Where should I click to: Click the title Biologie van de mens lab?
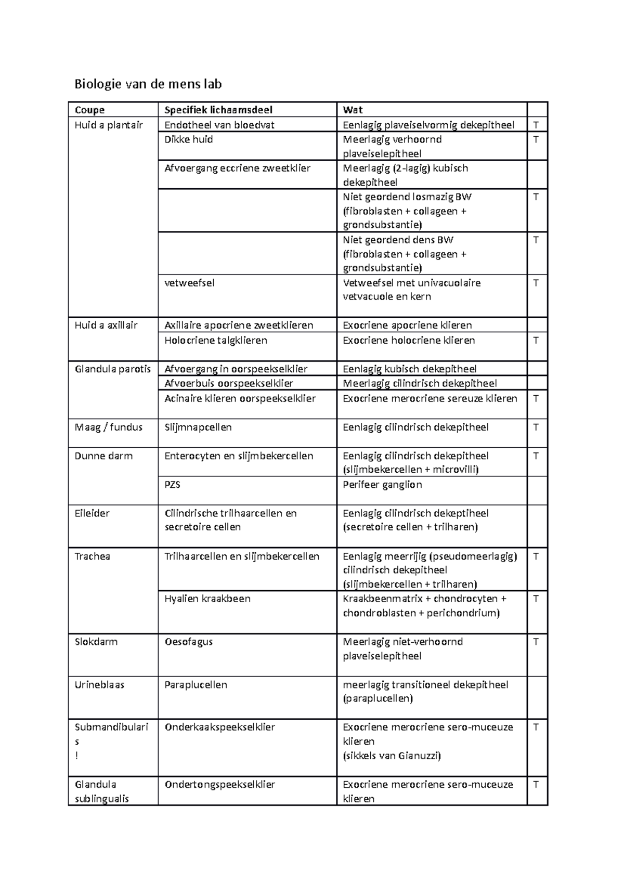click(x=148, y=84)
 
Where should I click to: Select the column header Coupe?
click(x=89, y=110)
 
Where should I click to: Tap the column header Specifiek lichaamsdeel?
click(x=218, y=110)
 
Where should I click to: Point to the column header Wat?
click(x=353, y=110)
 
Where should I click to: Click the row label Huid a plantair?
click(x=109, y=125)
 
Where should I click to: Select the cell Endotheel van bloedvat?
click(x=219, y=125)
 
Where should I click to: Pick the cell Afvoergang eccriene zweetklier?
click(x=237, y=168)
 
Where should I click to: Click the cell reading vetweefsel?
click(x=189, y=283)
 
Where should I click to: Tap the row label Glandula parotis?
click(x=113, y=369)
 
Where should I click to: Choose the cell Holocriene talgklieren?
click(x=216, y=340)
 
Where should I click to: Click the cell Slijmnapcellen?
click(x=198, y=427)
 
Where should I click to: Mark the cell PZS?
click(x=172, y=484)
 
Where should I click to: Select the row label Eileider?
click(x=92, y=513)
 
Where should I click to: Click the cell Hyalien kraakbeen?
click(x=207, y=599)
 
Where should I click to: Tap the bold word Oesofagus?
click(x=188, y=642)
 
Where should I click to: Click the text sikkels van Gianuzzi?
click(x=392, y=756)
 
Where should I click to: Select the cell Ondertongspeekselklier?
click(x=219, y=784)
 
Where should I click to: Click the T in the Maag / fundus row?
click(x=536, y=427)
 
